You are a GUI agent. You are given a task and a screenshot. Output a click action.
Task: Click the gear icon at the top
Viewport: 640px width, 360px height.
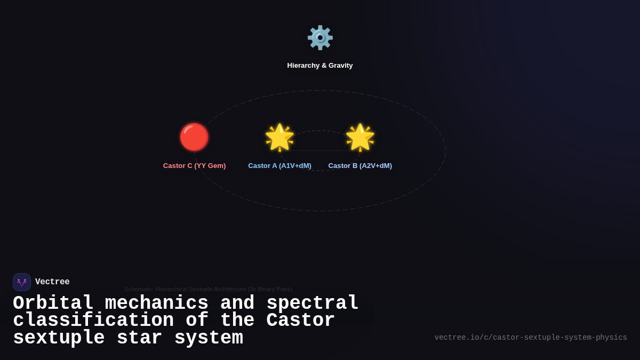coord(320,38)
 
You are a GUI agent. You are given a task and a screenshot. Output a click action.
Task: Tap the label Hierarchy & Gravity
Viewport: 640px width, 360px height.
coord(320,66)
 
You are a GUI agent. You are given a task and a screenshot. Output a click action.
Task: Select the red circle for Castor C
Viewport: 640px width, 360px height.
coord(194,137)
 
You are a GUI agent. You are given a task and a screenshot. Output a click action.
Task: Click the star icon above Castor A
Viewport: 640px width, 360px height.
coord(280,138)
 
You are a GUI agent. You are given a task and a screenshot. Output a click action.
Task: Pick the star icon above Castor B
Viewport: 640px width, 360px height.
coord(360,138)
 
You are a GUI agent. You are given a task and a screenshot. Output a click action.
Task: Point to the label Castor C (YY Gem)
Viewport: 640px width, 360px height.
coord(194,166)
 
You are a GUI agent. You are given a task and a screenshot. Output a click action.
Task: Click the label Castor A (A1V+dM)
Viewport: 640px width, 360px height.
coord(279,166)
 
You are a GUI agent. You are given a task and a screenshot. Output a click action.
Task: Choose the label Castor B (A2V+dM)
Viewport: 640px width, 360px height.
coord(360,166)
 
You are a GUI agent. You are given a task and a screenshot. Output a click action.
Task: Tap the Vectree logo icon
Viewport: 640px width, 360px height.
coord(22,282)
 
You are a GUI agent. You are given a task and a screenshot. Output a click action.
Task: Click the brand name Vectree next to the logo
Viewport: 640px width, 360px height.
coord(52,282)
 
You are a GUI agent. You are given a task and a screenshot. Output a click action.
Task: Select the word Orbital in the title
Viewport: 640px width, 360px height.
coord(53,303)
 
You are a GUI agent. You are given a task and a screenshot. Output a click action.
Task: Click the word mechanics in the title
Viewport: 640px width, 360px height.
coord(156,303)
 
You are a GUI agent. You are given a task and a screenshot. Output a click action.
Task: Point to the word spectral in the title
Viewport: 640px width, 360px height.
coord(313,303)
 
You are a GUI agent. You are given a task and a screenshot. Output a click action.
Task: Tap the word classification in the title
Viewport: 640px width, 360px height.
coord(93,321)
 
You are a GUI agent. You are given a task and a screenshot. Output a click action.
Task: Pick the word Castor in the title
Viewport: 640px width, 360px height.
coord(301,321)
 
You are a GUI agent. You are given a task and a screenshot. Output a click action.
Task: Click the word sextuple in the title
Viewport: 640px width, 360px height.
coord(59,338)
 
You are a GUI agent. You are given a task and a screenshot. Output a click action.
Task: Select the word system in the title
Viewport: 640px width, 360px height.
coord(209,338)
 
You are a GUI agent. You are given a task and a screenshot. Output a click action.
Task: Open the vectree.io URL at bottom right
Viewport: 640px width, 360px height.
coord(531,338)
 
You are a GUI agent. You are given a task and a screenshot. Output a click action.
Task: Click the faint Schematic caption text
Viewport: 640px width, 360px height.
coord(208,289)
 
